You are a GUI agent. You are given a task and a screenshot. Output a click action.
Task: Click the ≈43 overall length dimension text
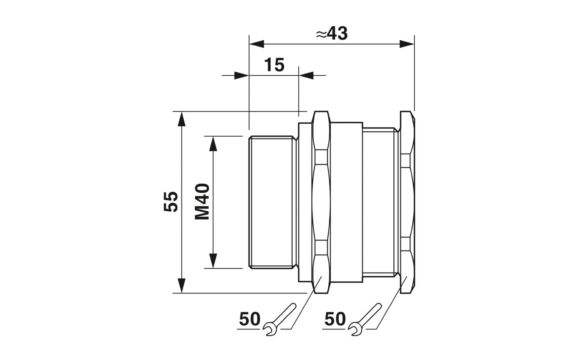point(332,33)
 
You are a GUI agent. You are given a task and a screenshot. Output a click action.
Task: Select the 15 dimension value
point(274,65)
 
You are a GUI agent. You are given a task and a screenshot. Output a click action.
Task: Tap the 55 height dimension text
point(171,201)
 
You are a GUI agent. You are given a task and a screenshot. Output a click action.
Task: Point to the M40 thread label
point(202,201)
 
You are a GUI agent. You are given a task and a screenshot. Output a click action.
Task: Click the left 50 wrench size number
point(250,319)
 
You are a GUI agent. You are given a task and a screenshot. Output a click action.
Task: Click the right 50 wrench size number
point(335,319)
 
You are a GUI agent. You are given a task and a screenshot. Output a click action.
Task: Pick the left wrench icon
point(279,319)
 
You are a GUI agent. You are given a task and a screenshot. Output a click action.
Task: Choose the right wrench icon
point(364,319)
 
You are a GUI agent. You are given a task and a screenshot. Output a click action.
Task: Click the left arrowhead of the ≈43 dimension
point(257,44)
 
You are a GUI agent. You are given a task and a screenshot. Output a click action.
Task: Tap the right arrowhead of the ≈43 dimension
point(407,44)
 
